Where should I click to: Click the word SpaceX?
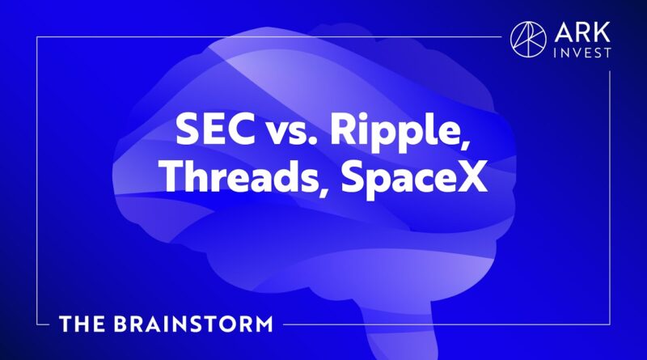tap(414, 179)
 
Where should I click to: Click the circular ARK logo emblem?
tap(528, 40)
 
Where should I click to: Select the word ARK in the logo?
tap(582, 32)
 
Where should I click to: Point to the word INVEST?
tap(582, 53)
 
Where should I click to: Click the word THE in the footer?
tap(82, 324)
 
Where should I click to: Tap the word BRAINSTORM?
tap(193, 324)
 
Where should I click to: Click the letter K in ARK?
tap(603, 32)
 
